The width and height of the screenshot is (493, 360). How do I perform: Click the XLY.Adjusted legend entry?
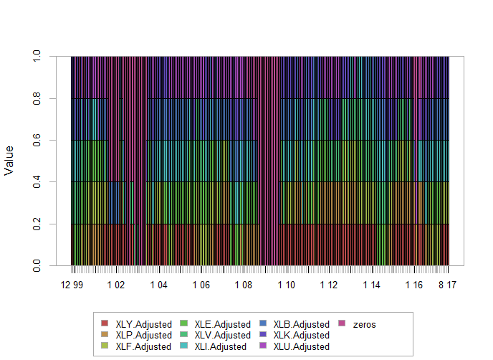(x=143, y=324)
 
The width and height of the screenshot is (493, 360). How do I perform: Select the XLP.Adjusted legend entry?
(x=143, y=335)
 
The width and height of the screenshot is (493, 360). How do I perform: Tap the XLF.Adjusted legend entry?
(x=143, y=346)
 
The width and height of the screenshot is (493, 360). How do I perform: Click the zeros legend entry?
(x=364, y=324)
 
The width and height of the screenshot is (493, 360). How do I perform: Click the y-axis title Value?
(x=9, y=161)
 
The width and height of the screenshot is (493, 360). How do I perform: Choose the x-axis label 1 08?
(x=244, y=285)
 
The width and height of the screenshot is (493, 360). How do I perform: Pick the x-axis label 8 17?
(x=448, y=285)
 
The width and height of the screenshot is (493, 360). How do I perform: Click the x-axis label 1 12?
(x=329, y=285)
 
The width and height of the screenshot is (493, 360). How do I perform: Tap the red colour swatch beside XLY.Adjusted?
(x=105, y=324)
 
